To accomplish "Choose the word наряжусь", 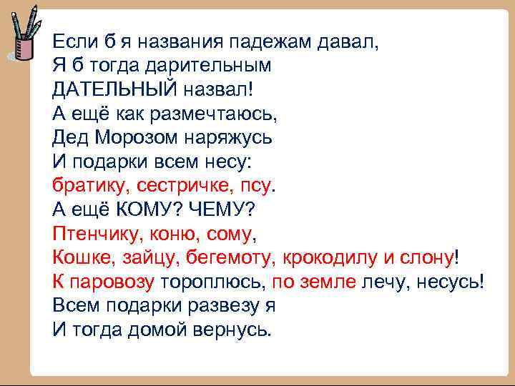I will (231, 137).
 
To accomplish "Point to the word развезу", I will (215, 305).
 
